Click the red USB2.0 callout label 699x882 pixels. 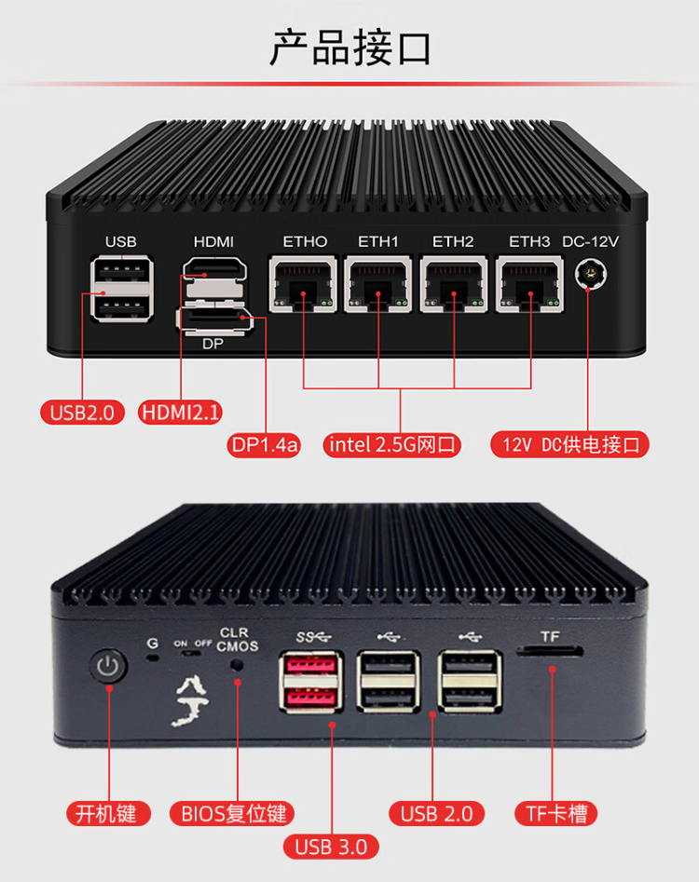pyautogui.click(x=82, y=413)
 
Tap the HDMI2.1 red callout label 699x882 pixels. pyautogui.click(x=180, y=413)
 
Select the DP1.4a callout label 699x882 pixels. pyautogui.click(x=264, y=444)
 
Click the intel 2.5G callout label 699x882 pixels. pyautogui.click(x=392, y=444)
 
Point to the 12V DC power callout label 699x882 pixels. pyautogui.click(x=570, y=444)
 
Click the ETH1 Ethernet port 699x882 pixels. pyautogui.click(x=377, y=283)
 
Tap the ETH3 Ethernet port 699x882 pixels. pyautogui.click(x=529, y=283)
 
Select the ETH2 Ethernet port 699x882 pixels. pyautogui.click(x=454, y=283)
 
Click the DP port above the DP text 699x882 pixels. pyautogui.click(x=214, y=320)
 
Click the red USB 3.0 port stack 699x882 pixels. pyautogui.click(x=310, y=683)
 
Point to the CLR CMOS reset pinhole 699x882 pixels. pyautogui.click(x=238, y=664)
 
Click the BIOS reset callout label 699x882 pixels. pyautogui.click(x=232, y=813)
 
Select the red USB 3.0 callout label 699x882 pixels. pyautogui.click(x=330, y=846)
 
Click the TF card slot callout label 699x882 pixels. pyautogui.click(x=556, y=813)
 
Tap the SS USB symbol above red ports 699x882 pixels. pyautogui.click(x=313, y=637)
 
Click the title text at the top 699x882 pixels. pyautogui.click(x=350, y=48)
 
